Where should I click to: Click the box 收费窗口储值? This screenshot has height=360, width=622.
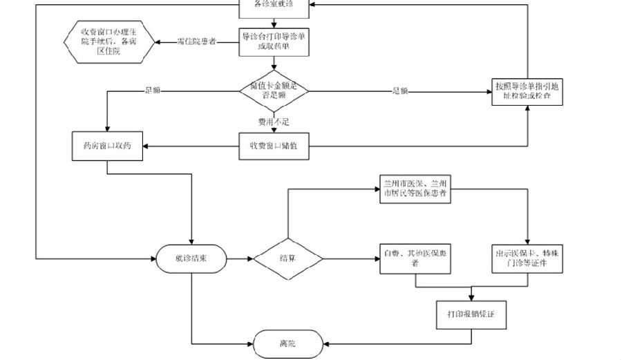coord(274,146)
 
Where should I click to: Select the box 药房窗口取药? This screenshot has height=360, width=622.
coord(107,146)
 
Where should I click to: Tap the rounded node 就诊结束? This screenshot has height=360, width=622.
coord(191,259)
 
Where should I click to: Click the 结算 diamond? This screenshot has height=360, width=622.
coord(288,259)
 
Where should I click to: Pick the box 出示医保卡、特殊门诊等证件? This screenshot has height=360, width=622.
coord(527,259)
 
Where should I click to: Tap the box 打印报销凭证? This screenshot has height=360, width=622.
coord(471,314)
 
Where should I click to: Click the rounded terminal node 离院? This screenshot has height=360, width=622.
coord(287,343)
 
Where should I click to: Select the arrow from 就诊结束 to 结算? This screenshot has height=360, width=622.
coord(239,259)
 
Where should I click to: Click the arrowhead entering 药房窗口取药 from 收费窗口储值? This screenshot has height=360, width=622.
coord(147,146)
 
